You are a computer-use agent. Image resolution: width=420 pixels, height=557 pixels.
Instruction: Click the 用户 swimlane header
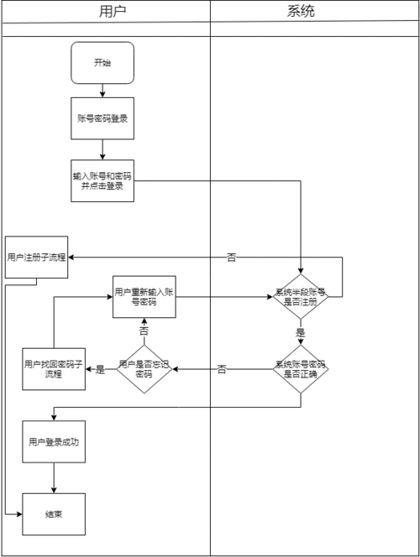click(x=105, y=11)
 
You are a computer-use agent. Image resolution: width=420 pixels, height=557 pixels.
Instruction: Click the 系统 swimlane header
click(x=314, y=11)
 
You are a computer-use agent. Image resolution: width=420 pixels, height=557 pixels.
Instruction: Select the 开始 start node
click(x=102, y=63)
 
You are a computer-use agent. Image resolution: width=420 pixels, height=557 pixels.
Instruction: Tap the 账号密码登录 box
click(x=102, y=118)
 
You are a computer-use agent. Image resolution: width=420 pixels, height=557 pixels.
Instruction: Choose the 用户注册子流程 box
click(x=35, y=257)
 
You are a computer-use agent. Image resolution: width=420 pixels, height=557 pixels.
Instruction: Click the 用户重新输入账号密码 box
click(x=145, y=296)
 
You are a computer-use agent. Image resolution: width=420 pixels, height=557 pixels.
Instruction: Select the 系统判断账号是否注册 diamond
click(x=301, y=297)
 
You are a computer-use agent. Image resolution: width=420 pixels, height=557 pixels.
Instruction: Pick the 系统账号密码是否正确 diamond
click(x=301, y=369)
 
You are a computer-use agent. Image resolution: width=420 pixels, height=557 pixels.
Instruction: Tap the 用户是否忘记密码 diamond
click(x=144, y=369)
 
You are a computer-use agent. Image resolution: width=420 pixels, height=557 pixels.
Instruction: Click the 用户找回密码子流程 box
click(x=54, y=369)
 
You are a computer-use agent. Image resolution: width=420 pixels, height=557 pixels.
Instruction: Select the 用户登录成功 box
click(x=54, y=441)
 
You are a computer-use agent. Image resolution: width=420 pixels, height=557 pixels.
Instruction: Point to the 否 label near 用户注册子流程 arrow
click(x=231, y=258)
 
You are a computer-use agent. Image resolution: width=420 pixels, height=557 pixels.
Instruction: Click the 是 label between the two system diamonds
click(x=301, y=332)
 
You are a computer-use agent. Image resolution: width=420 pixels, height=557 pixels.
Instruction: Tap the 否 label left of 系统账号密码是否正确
click(x=222, y=369)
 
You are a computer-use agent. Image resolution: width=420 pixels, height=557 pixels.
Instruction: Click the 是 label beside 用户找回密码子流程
click(x=101, y=369)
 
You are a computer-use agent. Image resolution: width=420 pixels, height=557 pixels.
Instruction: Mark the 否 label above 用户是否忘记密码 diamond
click(x=144, y=332)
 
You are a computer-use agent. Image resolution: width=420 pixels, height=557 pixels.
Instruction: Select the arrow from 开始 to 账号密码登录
click(x=102, y=91)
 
